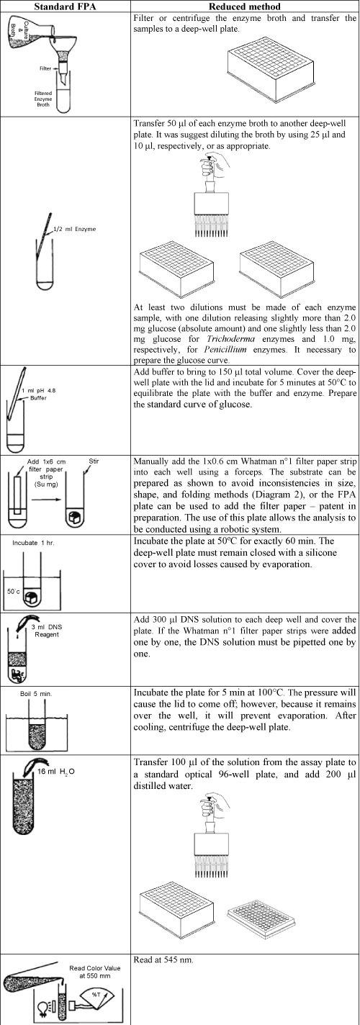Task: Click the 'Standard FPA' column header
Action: [65, 6]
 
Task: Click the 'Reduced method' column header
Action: [244, 6]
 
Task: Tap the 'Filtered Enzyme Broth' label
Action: [43, 99]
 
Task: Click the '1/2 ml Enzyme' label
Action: [75, 229]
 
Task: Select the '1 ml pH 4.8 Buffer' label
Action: [39, 394]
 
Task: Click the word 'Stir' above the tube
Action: [94, 461]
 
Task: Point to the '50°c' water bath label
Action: [14, 592]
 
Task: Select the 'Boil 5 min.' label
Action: [36, 694]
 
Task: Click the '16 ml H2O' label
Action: [56, 772]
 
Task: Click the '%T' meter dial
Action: [96, 993]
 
